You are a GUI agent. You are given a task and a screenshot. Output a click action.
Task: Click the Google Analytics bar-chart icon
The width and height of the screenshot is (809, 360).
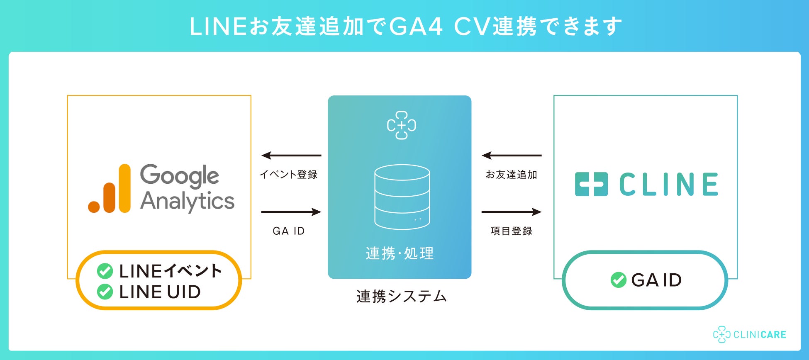(110, 189)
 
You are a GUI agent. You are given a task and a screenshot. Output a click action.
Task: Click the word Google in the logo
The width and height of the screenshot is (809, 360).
(179, 175)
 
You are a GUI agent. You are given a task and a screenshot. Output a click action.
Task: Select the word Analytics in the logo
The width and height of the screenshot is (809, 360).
(187, 202)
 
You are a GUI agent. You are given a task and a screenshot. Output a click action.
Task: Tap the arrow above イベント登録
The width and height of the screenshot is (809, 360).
(291, 156)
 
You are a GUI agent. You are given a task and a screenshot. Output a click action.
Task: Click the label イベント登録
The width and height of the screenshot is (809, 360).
(289, 175)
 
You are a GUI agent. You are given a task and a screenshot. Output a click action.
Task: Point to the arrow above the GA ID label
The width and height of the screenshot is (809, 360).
(291, 212)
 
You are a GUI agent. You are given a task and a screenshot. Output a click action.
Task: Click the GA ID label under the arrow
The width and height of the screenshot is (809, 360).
(289, 231)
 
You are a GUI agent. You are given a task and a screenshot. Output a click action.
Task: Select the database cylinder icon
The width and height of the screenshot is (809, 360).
(402, 197)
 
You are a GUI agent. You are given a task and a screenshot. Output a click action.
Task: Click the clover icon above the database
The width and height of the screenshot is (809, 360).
(401, 125)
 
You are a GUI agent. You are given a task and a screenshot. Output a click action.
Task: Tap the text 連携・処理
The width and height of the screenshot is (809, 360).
(400, 253)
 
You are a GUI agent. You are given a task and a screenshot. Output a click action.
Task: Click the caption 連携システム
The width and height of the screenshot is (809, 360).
(402, 296)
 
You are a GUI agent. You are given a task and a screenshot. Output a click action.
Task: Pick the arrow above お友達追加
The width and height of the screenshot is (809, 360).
(512, 156)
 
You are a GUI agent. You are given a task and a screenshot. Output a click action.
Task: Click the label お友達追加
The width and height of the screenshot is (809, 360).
(512, 175)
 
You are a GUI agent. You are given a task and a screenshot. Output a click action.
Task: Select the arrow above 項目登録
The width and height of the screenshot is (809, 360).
(512, 212)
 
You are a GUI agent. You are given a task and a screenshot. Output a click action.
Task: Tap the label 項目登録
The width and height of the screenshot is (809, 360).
(512, 231)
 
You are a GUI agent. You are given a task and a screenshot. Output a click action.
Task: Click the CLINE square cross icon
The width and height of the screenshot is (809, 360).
(591, 184)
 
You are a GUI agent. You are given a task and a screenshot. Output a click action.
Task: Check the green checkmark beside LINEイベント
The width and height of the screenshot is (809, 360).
(105, 271)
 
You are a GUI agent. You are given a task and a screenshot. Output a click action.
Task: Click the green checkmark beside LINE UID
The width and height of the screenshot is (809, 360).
(105, 292)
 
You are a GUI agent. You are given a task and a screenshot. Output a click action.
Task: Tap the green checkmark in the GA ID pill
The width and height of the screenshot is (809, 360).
(618, 280)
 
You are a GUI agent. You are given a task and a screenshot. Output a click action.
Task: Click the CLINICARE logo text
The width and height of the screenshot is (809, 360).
(760, 335)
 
